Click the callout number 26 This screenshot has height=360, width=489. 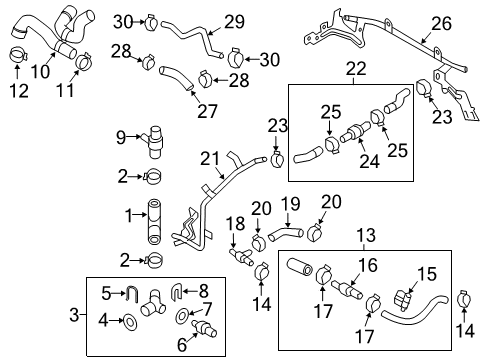click(441, 24)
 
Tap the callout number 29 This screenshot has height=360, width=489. click(234, 22)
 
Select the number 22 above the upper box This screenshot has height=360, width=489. click(356, 69)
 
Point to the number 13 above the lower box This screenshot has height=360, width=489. click(366, 235)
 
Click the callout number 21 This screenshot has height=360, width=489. click(210, 159)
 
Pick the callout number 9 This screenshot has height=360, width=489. click(121, 137)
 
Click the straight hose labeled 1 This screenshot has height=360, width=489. click(154, 222)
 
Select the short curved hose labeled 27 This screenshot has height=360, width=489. click(176, 78)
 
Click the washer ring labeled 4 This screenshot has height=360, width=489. click(130, 322)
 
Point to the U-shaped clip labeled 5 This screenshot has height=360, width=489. click(132, 294)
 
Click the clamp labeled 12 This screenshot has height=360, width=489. click(17, 55)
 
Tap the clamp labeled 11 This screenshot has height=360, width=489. click(84, 60)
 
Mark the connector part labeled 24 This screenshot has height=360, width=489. click(355, 132)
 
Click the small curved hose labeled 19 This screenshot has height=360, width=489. click(285, 232)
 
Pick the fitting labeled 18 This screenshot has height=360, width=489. click(242, 257)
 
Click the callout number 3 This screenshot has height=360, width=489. click(74, 315)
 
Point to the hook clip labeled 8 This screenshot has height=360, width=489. click(176, 291)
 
